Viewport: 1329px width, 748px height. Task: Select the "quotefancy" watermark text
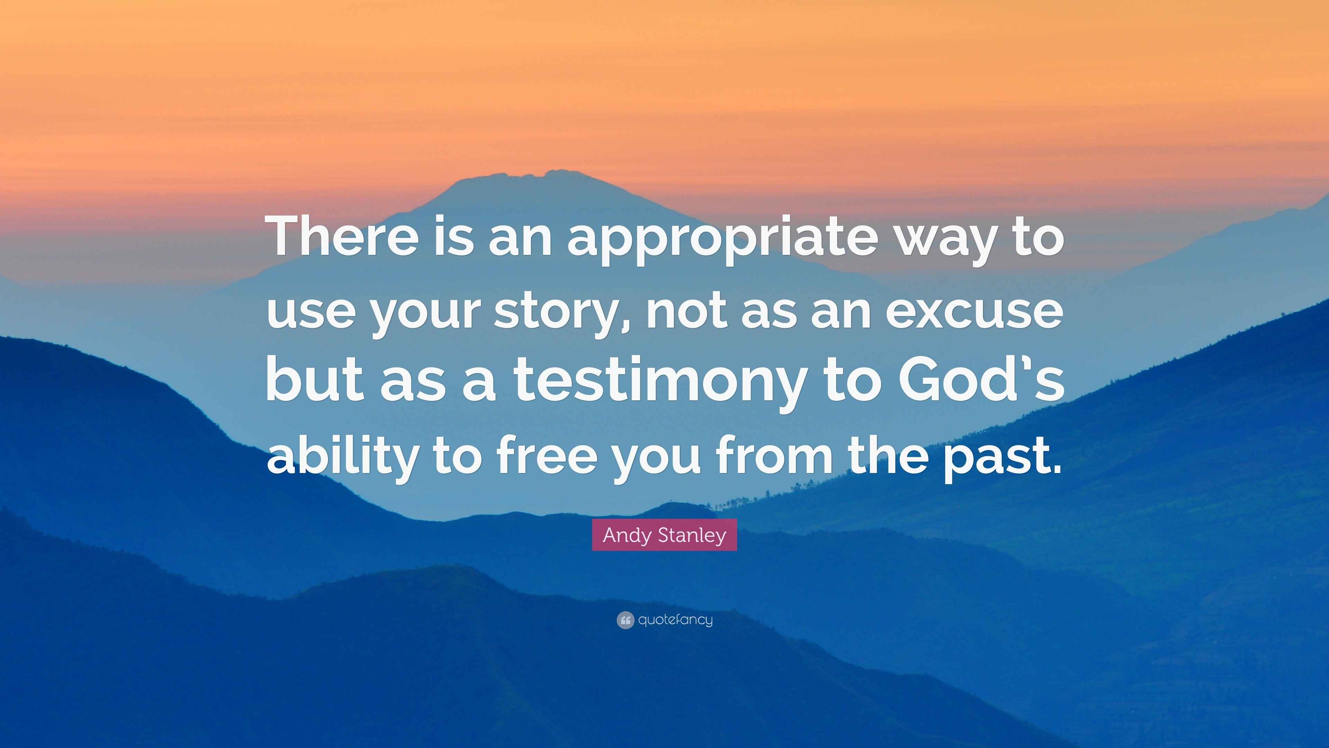(x=675, y=620)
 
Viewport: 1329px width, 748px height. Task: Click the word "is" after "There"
(x=453, y=237)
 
